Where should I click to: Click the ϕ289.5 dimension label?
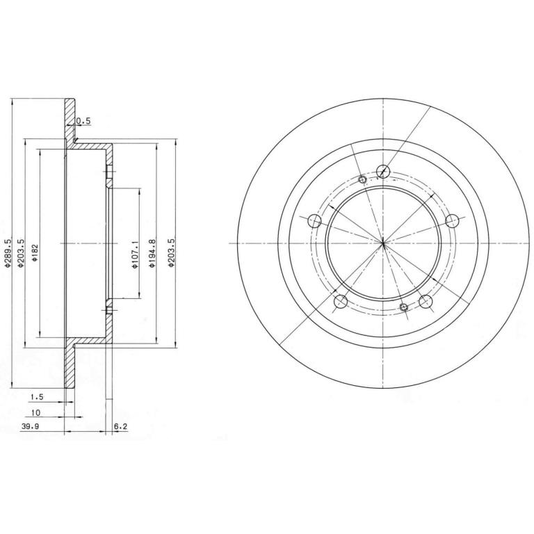click(8, 252)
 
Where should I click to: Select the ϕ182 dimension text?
click(35, 252)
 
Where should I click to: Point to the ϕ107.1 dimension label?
click(135, 254)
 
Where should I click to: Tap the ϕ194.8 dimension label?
click(152, 252)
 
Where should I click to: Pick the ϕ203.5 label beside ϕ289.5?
click(21, 252)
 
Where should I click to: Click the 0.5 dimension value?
click(83, 121)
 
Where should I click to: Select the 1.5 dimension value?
click(37, 397)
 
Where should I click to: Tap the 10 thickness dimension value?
click(35, 413)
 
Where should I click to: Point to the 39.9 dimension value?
click(31, 426)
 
